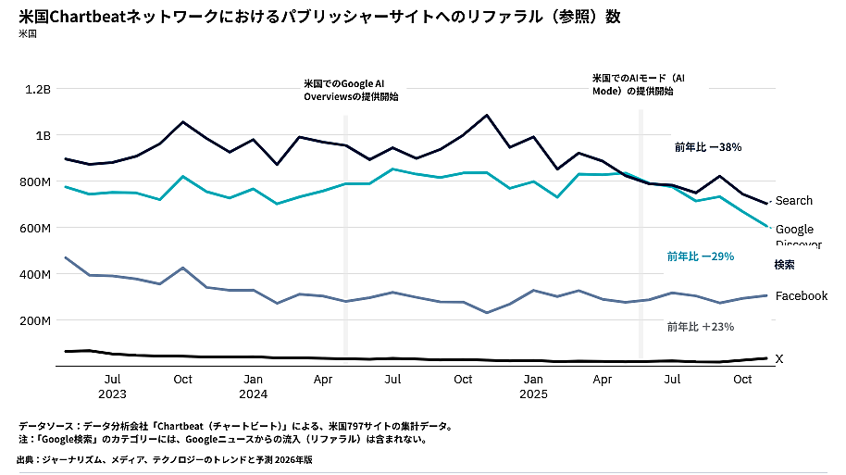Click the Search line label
tap(794, 201)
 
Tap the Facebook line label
tap(801, 296)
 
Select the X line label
tap(778, 359)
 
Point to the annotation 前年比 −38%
tap(707, 147)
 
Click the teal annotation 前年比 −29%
tap(700, 256)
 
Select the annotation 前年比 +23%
tap(700, 327)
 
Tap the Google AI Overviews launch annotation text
tap(351, 90)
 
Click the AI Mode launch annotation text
tap(639, 84)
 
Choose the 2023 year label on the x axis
tap(112, 394)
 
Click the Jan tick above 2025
tap(533, 380)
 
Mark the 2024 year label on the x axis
tap(253, 394)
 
